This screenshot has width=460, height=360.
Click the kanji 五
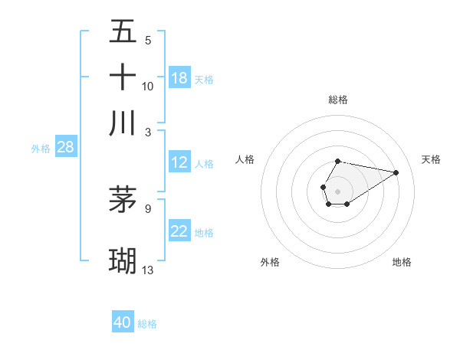point(123,32)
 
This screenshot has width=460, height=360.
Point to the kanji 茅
point(123,199)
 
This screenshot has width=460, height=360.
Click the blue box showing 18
point(179,78)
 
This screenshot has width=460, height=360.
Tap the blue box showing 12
point(179,162)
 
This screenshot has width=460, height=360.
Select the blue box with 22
point(179,232)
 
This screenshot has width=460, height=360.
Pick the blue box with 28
point(65,148)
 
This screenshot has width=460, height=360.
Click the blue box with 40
point(123,322)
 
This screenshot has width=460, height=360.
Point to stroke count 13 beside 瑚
point(148,270)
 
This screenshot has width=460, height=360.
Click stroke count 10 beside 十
point(148,86)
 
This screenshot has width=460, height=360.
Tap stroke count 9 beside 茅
point(148,207)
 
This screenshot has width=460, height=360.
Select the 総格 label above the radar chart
point(338,100)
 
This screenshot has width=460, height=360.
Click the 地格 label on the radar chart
point(402,262)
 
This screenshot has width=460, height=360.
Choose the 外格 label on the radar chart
point(270,262)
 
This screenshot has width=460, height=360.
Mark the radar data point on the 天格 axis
point(396,172)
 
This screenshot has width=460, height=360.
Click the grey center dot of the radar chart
point(337,190)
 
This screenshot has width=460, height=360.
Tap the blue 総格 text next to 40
point(147,324)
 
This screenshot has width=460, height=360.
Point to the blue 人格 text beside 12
point(204,164)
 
